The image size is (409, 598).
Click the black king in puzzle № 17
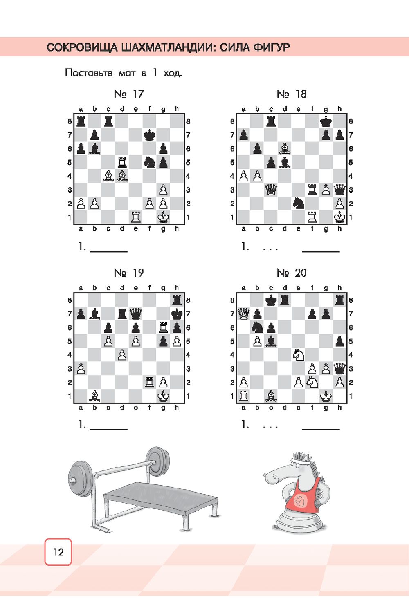[150, 135]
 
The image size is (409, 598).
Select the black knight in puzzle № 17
[150, 162]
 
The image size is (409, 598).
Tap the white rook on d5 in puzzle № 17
[122, 162]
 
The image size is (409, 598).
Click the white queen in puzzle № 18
[271, 190]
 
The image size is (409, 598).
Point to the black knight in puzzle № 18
[299, 204]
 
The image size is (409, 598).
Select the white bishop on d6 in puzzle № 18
[285, 149]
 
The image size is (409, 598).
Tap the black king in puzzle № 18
[326, 121]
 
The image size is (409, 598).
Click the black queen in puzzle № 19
[136, 314]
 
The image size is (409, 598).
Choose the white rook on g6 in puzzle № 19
[163, 327]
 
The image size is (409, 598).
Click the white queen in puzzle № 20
[243, 314]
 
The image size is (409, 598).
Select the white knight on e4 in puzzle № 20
[299, 355]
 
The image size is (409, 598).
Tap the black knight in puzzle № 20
[257, 327]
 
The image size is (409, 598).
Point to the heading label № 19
[129, 273]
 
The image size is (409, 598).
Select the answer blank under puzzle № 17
[109, 251]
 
